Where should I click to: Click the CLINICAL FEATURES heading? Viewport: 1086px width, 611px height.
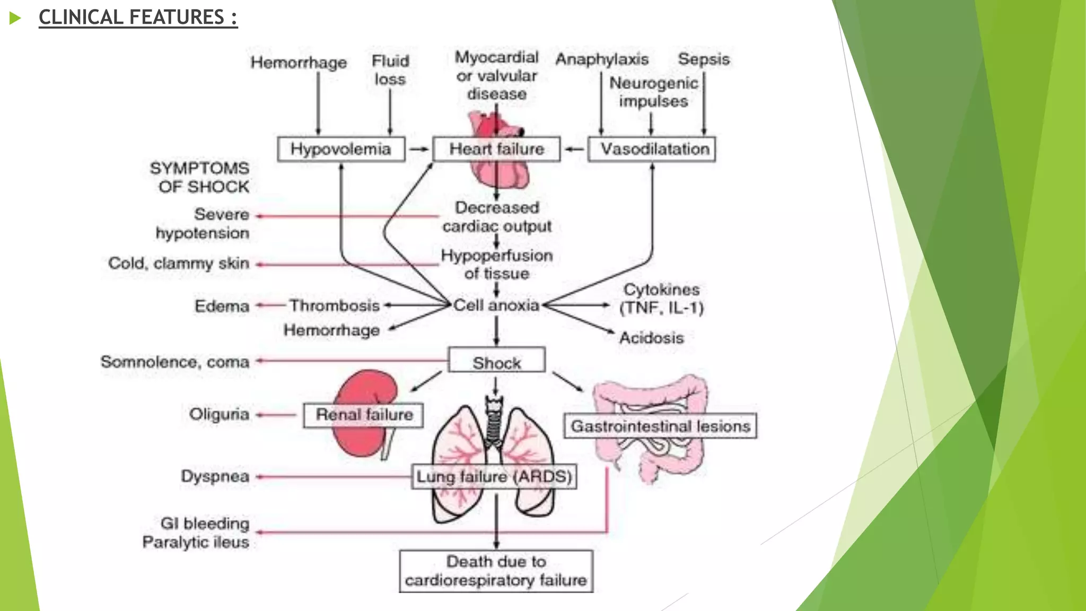[x=138, y=18]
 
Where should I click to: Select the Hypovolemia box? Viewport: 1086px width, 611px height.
[x=341, y=149]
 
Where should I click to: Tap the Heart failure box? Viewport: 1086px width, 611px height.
[x=496, y=149]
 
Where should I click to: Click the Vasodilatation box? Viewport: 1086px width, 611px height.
[x=652, y=149]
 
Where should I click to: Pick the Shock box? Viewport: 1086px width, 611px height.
[x=496, y=361]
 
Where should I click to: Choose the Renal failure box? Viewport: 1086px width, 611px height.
[x=364, y=415]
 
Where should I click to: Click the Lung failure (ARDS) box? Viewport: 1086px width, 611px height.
[x=494, y=476]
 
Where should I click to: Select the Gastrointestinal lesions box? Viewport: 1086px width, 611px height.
[x=660, y=426]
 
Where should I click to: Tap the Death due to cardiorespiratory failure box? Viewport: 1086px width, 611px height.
[x=496, y=571]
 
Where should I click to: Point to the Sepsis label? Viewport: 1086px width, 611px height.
[x=704, y=59]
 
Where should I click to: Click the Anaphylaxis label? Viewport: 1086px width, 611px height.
[x=602, y=59]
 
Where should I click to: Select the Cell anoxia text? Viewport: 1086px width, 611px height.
[x=496, y=305]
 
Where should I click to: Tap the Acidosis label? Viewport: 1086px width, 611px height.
[x=652, y=338]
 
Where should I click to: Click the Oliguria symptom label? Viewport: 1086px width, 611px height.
[x=219, y=414]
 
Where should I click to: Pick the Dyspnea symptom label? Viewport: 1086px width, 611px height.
[x=215, y=476]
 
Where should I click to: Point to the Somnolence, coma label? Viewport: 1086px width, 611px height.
[x=175, y=362]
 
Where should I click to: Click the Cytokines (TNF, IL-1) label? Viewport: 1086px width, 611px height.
[x=661, y=298]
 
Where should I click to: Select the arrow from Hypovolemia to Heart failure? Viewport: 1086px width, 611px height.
[x=419, y=149]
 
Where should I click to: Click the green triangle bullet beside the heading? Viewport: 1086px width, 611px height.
[x=15, y=19]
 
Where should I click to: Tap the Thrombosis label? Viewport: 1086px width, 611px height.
[x=335, y=305]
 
